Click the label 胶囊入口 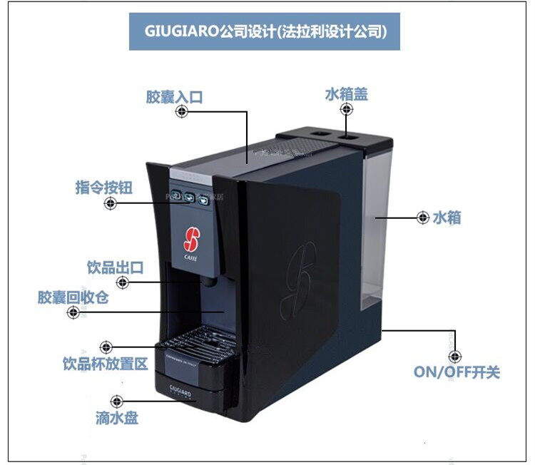pos(174,96)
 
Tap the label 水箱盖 pos(347,93)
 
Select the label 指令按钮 pos(104,187)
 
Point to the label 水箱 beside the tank pos(447,218)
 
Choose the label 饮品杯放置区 pos(105,364)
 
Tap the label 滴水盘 pos(117,418)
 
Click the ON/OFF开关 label pos(457,372)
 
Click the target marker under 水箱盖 pos(347,110)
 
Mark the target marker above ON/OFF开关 pos(454,356)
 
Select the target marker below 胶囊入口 pos(182,112)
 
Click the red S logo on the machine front pos(190,235)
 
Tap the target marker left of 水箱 pos(422,218)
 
